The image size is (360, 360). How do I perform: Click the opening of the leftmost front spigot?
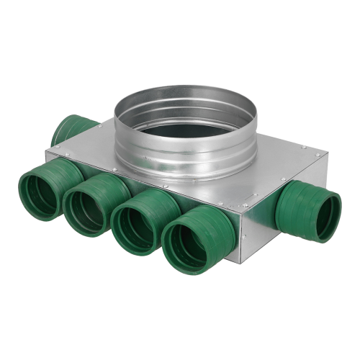pyautogui.click(x=38, y=194)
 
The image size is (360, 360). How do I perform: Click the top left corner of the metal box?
pyautogui.click(x=47, y=151)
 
